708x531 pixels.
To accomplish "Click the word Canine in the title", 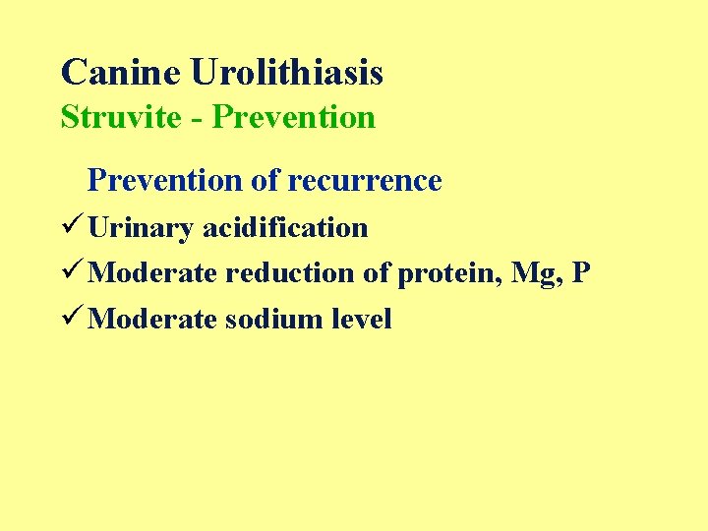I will tap(121, 72).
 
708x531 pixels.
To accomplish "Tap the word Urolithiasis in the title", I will tap(286, 72).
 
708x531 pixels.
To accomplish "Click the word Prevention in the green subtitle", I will tap(294, 117).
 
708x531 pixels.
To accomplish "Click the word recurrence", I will tap(365, 181).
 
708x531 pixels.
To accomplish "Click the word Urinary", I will tap(141, 228).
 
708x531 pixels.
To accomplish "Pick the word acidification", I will tap(285, 228).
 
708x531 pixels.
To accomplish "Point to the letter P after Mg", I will tap(581, 272).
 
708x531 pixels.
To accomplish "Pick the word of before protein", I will tap(377, 273).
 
